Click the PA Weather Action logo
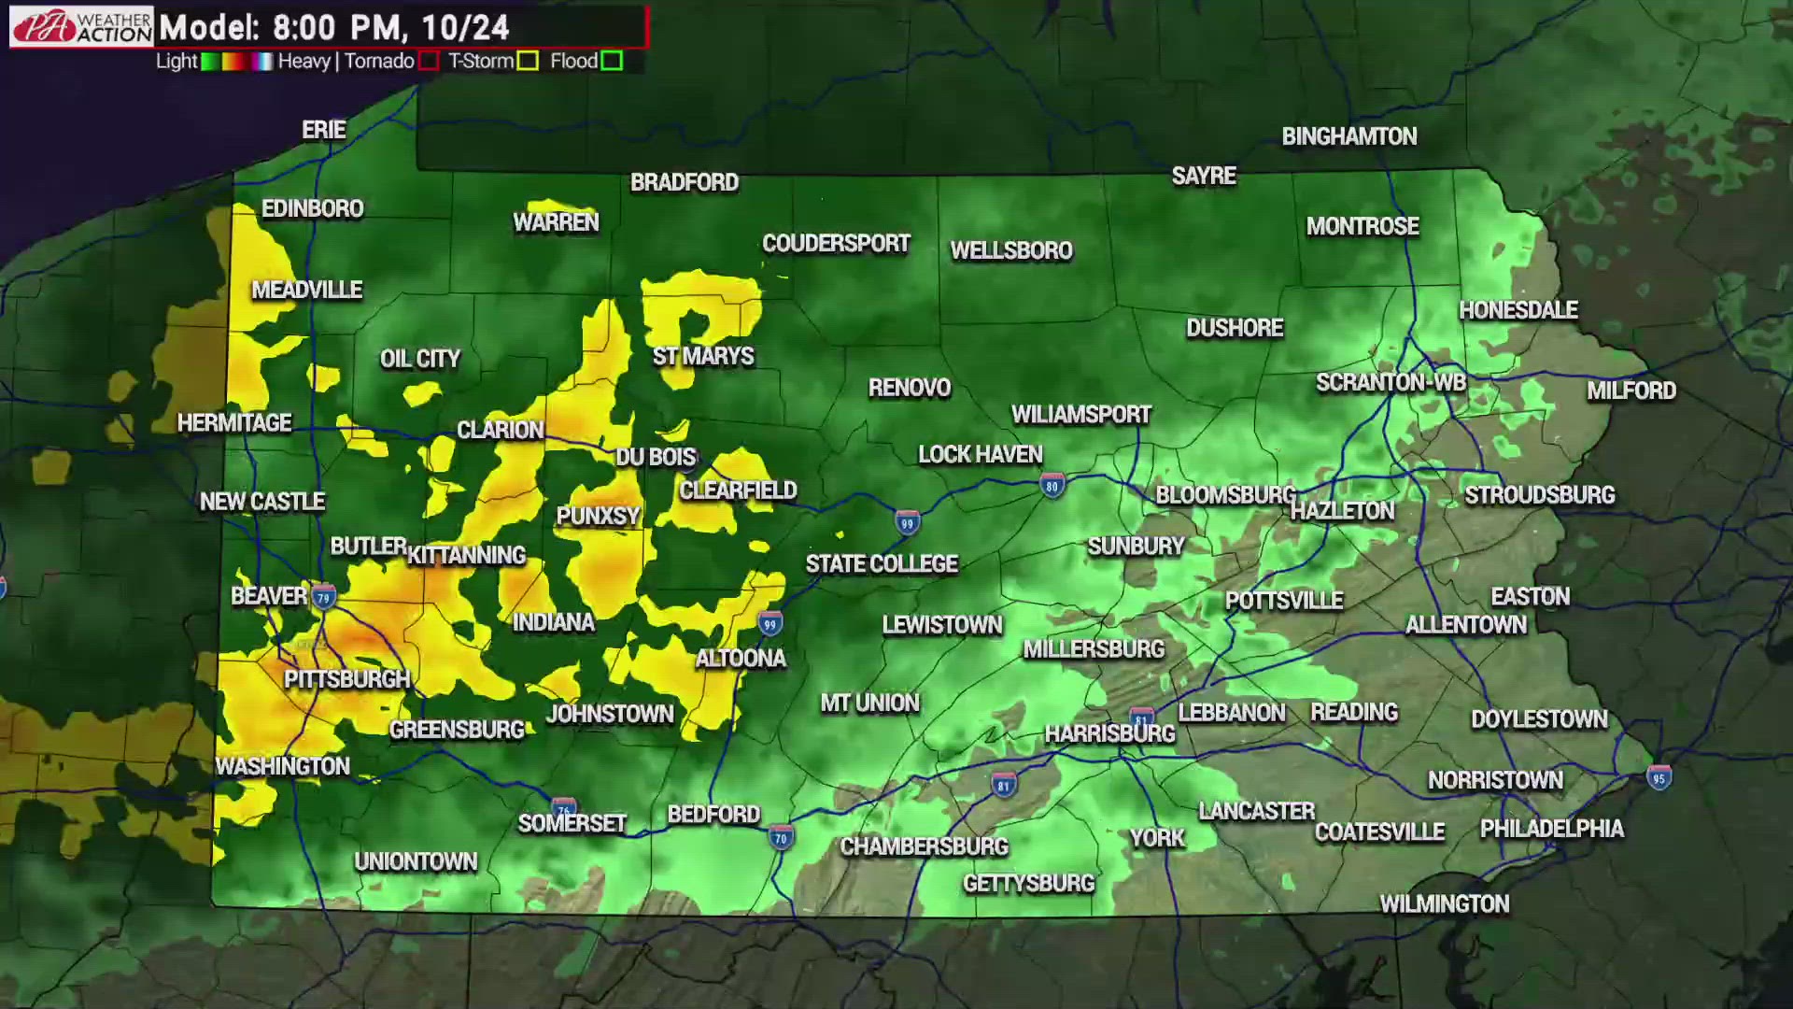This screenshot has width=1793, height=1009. tap(81, 26)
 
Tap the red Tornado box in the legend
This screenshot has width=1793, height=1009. tap(429, 62)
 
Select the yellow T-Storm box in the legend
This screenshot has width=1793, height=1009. tap(528, 62)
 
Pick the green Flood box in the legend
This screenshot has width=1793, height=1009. tap(612, 62)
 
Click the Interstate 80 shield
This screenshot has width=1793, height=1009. tap(1052, 486)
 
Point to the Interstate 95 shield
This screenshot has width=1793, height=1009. tap(1659, 777)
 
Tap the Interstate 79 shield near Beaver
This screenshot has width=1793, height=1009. tap(324, 597)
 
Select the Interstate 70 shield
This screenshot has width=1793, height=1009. tap(781, 837)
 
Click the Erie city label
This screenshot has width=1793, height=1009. tap(324, 130)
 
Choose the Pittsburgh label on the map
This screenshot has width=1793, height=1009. tap(346, 679)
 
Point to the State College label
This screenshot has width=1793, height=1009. tap(882, 564)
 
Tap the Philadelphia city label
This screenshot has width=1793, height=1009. tap(1551, 829)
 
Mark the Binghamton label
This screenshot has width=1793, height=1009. tap(1348, 136)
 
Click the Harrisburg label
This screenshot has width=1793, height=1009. tap(1109, 733)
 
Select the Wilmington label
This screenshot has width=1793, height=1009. tap(1444, 903)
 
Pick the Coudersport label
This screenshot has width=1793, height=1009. tap(836, 244)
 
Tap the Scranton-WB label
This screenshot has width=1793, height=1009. tap(1391, 382)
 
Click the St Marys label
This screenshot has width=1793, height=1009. tap(702, 356)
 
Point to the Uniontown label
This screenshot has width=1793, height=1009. tap(416, 861)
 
